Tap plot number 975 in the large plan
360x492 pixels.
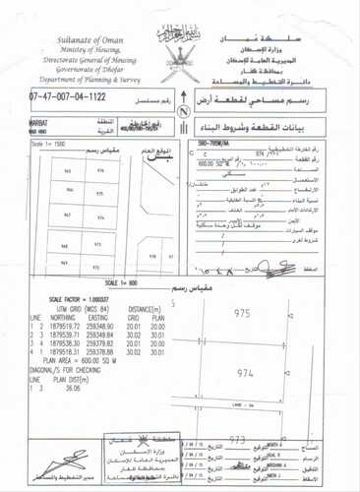coord(270,312)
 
